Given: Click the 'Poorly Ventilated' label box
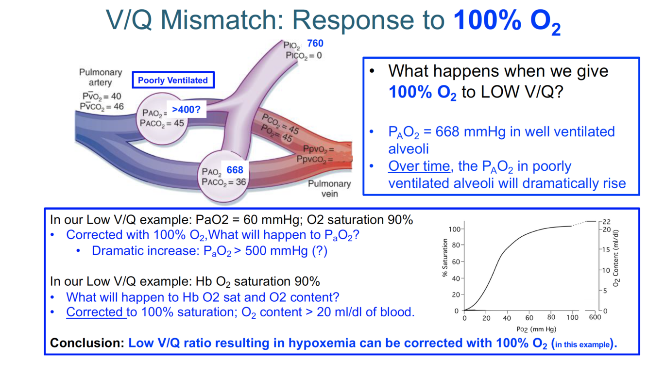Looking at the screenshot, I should click(x=173, y=81).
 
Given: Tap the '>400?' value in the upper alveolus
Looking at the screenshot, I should click(x=186, y=110).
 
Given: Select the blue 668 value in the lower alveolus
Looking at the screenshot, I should click(x=235, y=170).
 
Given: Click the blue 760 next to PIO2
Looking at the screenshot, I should click(x=315, y=44).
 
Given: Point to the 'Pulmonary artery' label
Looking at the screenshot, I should click(x=101, y=78).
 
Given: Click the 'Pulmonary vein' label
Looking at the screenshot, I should click(x=329, y=189).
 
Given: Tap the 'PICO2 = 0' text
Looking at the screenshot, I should click(x=304, y=56).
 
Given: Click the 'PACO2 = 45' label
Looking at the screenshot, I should click(x=162, y=123).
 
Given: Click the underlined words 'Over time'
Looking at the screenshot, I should click(x=419, y=166).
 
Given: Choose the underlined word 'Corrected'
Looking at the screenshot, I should click(x=96, y=312).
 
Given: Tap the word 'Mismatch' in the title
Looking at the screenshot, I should click(x=223, y=20).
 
